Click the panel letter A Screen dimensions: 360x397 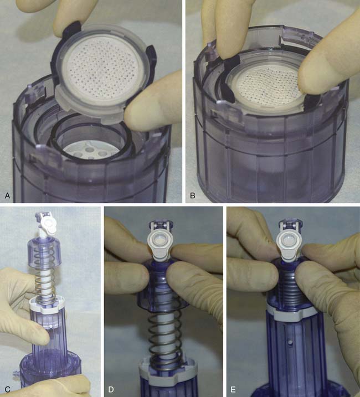7,195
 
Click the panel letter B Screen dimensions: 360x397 193,195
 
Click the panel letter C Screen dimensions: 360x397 7,389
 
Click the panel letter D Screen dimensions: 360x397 111,389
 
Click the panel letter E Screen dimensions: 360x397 233,389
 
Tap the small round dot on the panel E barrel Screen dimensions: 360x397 290,343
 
